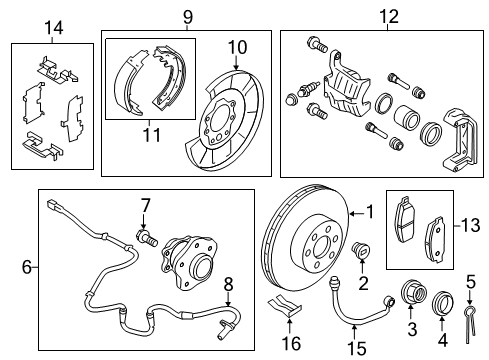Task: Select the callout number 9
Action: click(x=187, y=16)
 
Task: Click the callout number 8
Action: click(x=228, y=282)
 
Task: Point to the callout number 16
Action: click(x=290, y=343)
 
